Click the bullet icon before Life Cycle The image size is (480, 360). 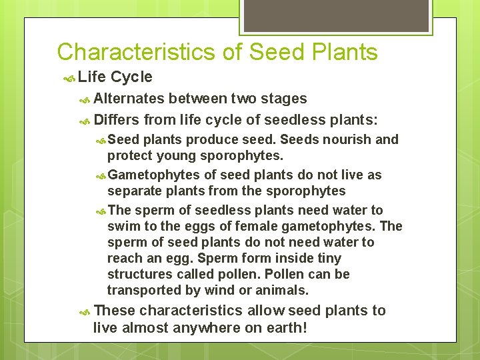click(x=69, y=78)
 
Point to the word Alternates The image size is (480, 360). click(x=129, y=99)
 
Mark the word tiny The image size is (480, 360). click(x=326, y=258)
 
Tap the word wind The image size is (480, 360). click(x=213, y=290)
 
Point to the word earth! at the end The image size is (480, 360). click(x=287, y=328)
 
